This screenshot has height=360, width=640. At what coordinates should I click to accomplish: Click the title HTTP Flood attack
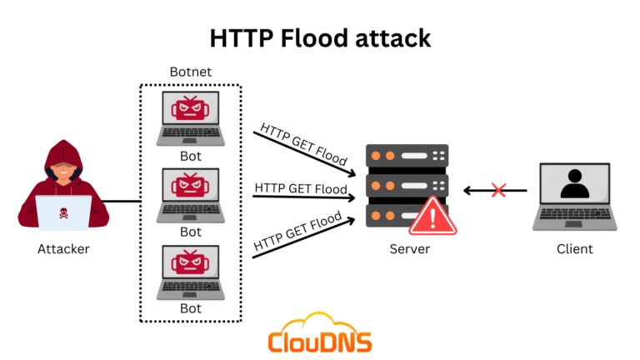[319, 39]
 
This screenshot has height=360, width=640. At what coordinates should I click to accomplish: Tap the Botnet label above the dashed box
[191, 72]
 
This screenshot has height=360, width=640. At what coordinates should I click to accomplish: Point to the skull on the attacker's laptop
[63, 212]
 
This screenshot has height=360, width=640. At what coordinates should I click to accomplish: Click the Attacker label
[63, 248]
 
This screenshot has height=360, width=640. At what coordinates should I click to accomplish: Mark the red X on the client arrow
[498, 191]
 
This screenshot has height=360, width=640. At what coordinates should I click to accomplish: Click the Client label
[574, 248]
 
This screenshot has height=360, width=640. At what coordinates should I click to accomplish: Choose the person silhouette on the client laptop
[574, 184]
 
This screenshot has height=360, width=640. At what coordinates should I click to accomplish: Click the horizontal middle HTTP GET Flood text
[301, 189]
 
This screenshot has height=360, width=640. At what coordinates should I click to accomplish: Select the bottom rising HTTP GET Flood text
[299, 232]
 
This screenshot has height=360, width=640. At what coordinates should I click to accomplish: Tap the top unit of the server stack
[407, 156]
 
